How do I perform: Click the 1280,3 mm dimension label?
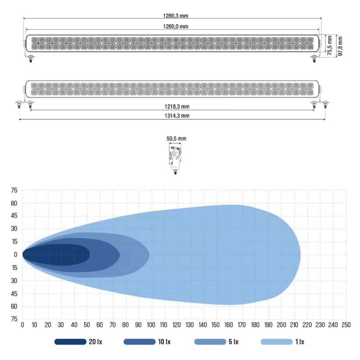pyautogui.click(x=173, y=15)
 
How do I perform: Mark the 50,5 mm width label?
pyautogui.click(x=176, y=139)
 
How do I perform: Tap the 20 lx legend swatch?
pyautogui.click(x=70, y=342)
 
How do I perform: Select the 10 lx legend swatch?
pyautogui.click(x=139, y=342)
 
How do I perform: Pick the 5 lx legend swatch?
pyautogui.click(x=210, y=342)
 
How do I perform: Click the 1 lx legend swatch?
pyautogui.click(x=277, y=342)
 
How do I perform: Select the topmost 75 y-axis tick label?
pyautogui.click(x=14, y=191)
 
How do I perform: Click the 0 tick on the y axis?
pyautogui.click(x=15, y=255)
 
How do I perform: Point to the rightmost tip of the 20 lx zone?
pyautogui.click(x=90, y=255)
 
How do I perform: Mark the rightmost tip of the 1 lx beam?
pyautogui.click(x=300, y=255)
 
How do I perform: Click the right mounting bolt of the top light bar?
pyautogui.click(x=313, y=60)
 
